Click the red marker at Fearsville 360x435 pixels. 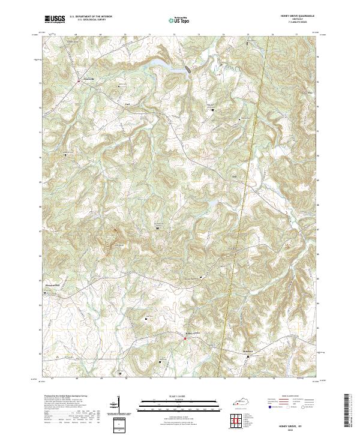pyautogui.click(x=78, y=80)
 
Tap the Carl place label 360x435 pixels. pyautogui.click(x=127, y=103)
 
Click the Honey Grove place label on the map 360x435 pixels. pyautogui.click(x=191, y=334)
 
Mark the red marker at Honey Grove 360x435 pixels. pyautogui.click(x=185, y=338)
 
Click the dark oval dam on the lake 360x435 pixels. pyautogui.click(x=189, y=69)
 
